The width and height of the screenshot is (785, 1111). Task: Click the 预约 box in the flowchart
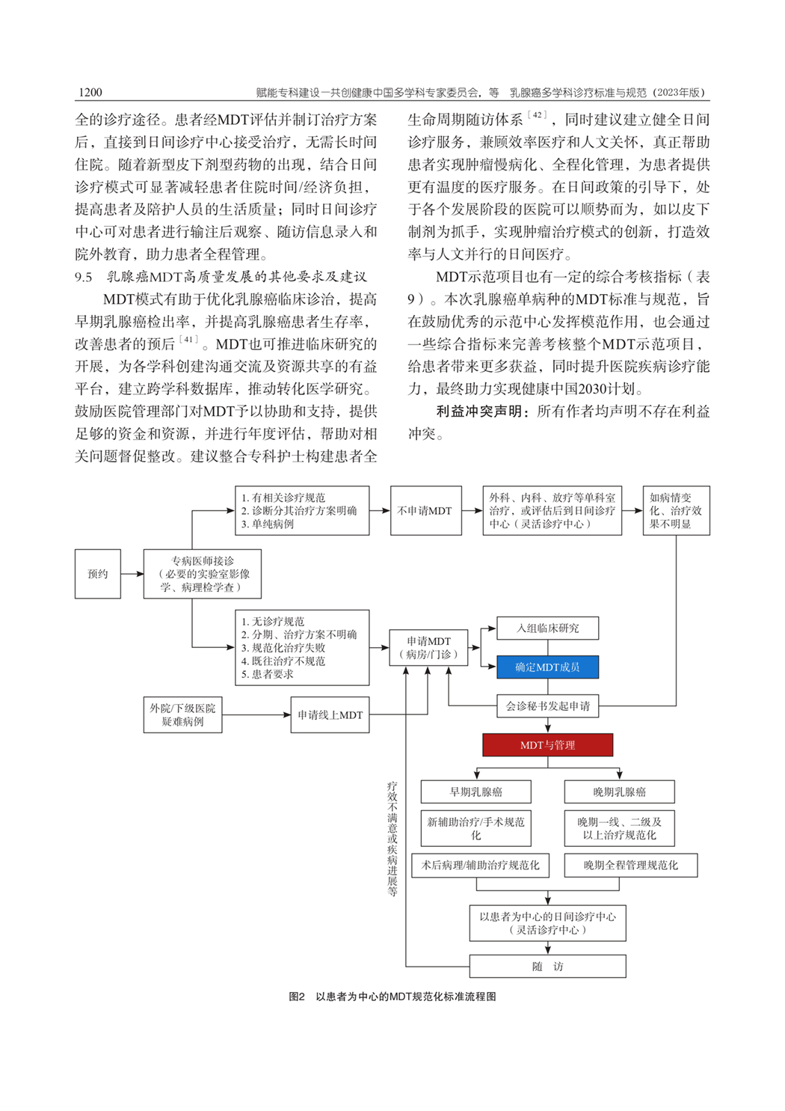(x=97, y=574)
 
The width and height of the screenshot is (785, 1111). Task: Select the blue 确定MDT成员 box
(x=547, y=667)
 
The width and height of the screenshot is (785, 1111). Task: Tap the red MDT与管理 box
(x=547, y=745)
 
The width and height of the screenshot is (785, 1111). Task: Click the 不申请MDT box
(x=425, y=511)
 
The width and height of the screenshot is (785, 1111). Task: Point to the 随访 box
(x=547, y=967)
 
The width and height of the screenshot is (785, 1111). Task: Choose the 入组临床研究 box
(x=547, y=628)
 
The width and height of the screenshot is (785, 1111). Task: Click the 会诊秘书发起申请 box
(x=547, y=706)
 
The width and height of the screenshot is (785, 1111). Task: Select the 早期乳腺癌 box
(x=475, y=792)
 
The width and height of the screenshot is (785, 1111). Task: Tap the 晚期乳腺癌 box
(x=619, y=792)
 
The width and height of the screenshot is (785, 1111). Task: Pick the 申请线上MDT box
(x=330, y=715)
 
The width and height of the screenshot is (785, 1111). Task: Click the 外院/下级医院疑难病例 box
(x=182, y=715)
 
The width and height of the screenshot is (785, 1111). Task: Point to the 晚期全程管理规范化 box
(x=630, y=865)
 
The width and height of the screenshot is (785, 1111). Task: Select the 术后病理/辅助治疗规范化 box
(x=480, y=865)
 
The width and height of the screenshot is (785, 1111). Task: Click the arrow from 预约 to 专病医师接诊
(x=132, y=574)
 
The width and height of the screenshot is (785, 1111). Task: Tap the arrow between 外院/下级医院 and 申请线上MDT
(x=256, y=715)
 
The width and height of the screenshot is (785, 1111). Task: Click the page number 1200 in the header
(x=90, y=92)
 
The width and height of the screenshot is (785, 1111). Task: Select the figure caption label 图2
(x=297, y=997)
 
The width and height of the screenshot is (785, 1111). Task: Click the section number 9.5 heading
(x=84, y=277)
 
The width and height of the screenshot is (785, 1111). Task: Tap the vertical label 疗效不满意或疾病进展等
(x=392, y=839)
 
